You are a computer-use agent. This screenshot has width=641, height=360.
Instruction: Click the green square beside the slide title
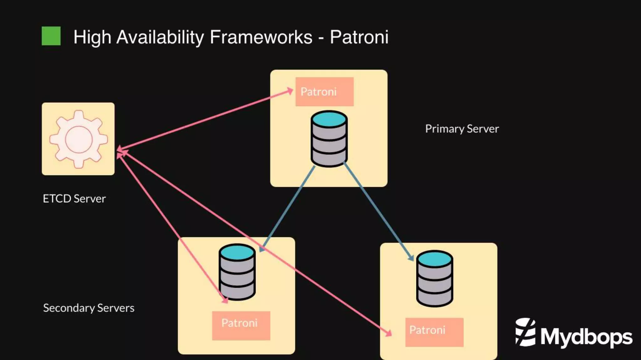[x=51, y=36]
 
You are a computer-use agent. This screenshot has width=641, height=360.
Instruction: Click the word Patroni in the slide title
[x=359, y=37]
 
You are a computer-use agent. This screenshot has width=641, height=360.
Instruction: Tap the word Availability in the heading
[x=160, y=37]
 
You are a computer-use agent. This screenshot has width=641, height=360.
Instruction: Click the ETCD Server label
[x=74, y=199]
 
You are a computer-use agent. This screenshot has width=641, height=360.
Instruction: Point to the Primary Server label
[x=462, y=129]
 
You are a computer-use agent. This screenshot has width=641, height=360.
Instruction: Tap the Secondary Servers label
[x=89, y=308]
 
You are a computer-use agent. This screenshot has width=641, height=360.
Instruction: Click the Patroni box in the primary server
[x=324, y=92]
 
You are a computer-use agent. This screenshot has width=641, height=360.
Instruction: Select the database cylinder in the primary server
[x=329, y=139]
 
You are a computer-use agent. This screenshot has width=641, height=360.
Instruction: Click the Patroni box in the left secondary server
[x=241, y=325]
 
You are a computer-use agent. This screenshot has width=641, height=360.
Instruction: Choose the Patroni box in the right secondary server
[x=434, y=332]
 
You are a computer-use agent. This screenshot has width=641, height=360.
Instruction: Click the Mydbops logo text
[x=586, y=337]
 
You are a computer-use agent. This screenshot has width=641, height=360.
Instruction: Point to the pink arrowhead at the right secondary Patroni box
[x=389, y=333]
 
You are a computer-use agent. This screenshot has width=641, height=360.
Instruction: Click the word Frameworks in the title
[x=261, y=37]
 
